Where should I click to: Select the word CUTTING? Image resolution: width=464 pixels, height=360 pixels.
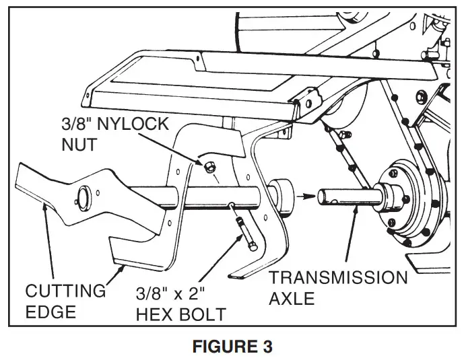tap(65, 291)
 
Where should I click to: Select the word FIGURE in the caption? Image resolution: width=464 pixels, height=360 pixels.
tap(219, 347)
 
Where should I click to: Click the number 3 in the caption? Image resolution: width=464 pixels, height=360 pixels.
tap(267, 347)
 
